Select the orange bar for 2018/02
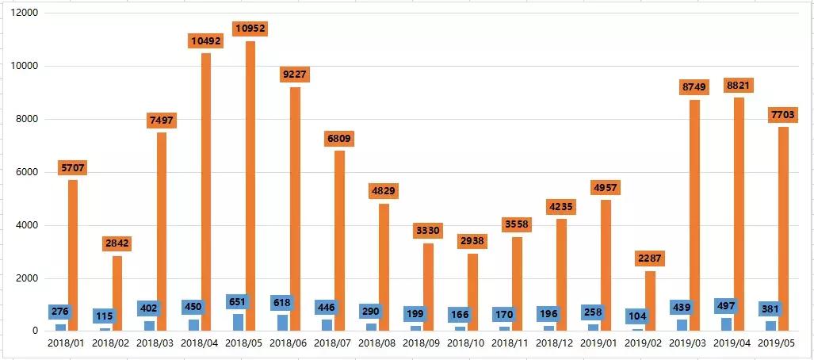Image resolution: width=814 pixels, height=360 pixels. (117, 293)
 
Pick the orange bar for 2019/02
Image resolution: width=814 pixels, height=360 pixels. (650, 301)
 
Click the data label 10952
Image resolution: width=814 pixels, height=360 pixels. (250, 29)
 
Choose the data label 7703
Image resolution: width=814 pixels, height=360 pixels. (783, 116)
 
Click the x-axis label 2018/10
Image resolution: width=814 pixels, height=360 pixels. (466, 343)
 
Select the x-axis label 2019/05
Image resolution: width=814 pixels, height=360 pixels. (777, 343)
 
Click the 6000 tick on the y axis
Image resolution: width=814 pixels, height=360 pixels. (29, 172)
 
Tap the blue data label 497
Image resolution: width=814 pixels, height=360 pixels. (726, 307)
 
